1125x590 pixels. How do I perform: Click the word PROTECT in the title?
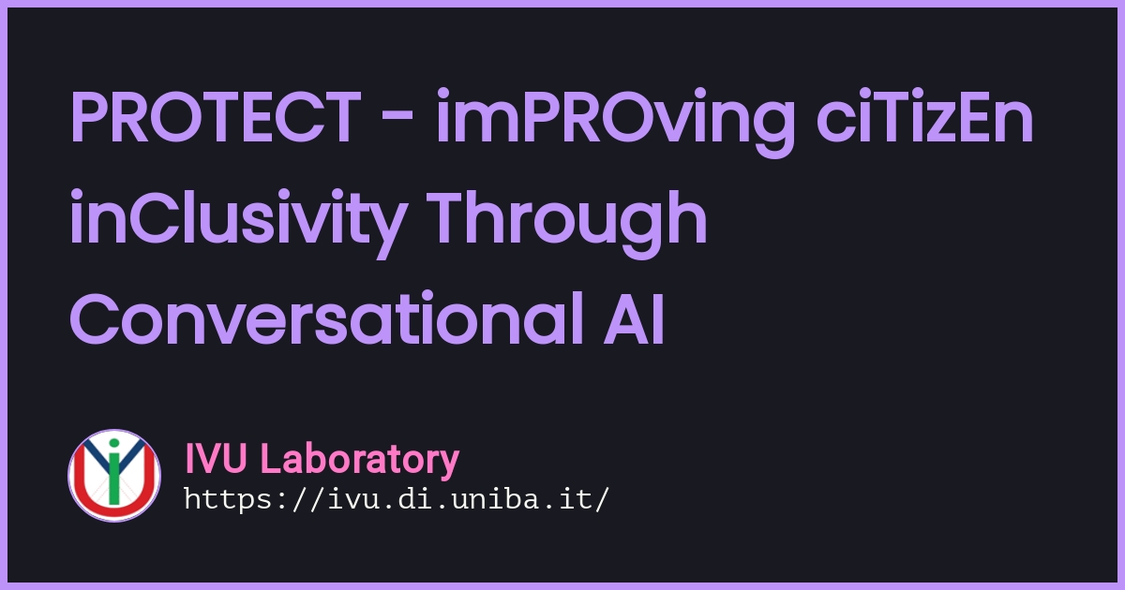coord(216,117)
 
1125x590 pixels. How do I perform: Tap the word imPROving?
coord(616,123)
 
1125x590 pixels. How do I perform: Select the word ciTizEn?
coord(924,116)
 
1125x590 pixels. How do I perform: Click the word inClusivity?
coord(238,224)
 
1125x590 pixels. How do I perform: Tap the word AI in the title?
coord(635,319)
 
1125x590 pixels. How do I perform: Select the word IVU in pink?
coord(216,458)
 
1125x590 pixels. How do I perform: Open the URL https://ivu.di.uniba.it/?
coord(397,499)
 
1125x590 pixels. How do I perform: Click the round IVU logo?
coord(114,476)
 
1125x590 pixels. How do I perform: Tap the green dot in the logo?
coord(114,443)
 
